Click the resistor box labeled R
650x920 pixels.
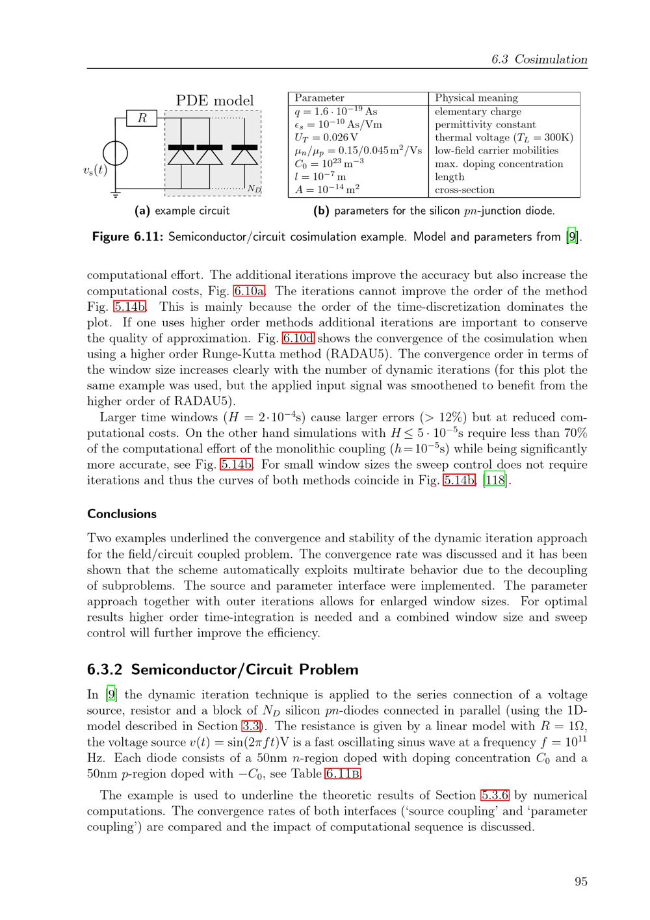tap(142, 118)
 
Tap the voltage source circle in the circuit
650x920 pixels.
tap(116, 154)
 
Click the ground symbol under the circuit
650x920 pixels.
tap(116, 193)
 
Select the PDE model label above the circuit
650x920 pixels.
tap(214, 101)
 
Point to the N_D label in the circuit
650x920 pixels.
tap(253, 189)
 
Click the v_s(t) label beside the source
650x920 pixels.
tap(95, 170)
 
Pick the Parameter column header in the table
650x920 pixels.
tap(319, 98)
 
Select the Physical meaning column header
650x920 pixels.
tap(476, 98)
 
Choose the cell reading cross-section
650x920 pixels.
tap(464, 190)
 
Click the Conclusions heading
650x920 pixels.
tap(122, 514)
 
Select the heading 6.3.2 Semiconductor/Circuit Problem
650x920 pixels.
tap(223, 670)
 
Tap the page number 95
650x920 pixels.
tap(580, 882)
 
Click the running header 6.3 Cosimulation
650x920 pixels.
tap(539, 60)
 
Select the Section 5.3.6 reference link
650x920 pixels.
tap(495, 795)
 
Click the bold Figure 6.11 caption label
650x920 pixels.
tap(127, 237)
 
